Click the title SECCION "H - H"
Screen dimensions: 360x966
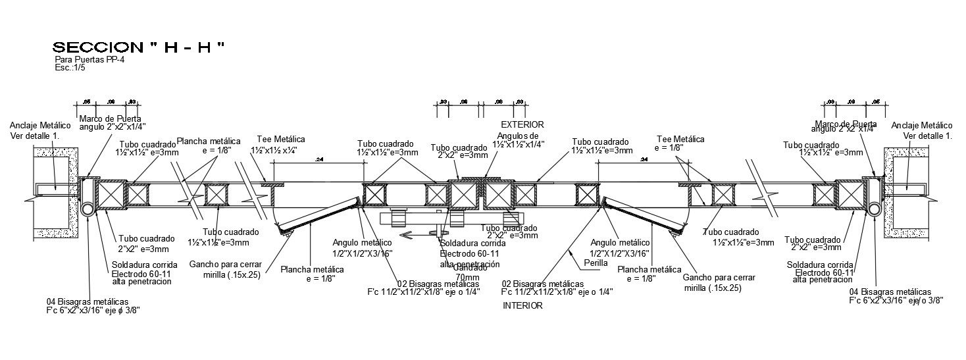click(x=138, y=47)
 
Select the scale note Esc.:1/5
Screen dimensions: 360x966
click(x=70, y=67)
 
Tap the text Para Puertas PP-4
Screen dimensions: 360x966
click(x=89, y=59)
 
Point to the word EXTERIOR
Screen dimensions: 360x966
click(x=522, y=124)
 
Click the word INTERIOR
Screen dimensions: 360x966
click(x=522, y=305)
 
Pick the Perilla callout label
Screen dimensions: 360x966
click(x=596, y=263)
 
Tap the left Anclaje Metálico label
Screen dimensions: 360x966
click(x=40, y=125)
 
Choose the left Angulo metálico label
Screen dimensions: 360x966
click(x=362, y=243)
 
